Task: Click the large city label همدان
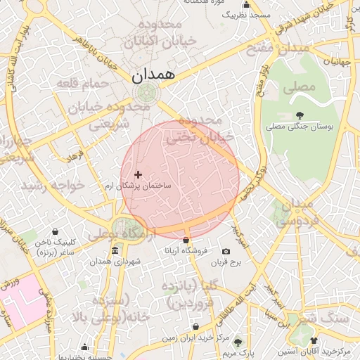[153, 73]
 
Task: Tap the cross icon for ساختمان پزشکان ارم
[138, 174]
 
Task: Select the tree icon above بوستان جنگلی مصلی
[300, 115]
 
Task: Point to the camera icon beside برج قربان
[226, 251]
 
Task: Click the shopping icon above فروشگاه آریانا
[186, 240]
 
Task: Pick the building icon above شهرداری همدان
[115, 251]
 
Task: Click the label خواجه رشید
[53, 186]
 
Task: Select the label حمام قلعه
[84, 84]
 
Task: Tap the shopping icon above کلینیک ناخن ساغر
[56, 231]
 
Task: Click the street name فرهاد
[75, 154]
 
